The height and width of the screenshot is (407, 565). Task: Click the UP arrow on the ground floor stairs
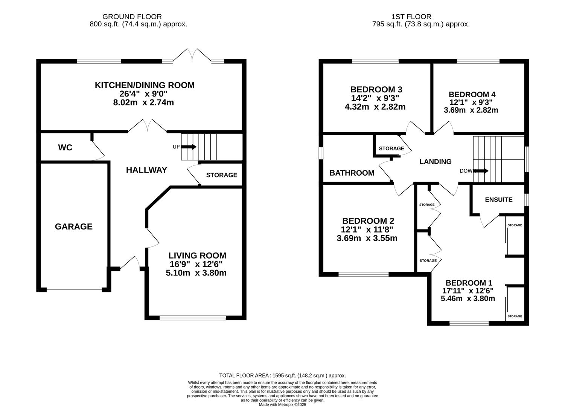(x=189, y=147)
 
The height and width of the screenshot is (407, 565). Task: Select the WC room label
(x=65, y=147)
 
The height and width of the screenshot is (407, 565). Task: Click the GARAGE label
(x=74, y=226)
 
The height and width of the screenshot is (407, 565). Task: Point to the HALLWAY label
(x=146, y=170)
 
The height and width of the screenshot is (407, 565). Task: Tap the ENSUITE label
(x=499, y=200)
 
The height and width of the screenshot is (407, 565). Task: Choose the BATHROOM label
(x=352, y=173)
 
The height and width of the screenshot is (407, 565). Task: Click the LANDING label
(x=436, y=162)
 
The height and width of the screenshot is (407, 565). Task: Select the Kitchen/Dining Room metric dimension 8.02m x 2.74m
(x=143, y=103)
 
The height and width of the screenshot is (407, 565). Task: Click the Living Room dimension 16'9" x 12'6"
(x=196, y=264)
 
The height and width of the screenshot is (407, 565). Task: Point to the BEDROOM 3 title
(x=376, y=89)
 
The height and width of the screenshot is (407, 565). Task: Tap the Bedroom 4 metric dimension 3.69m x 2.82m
(x=471, y=110)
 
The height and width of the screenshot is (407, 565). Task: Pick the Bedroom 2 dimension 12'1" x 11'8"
(x=367, y=230)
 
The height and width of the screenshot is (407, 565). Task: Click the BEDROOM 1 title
(x=469, y=283)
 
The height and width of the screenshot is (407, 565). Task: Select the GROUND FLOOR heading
(x=132, y=17)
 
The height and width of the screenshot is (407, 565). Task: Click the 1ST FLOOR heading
(x=411, y=17)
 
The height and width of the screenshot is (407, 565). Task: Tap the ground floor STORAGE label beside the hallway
(x=222, y=175)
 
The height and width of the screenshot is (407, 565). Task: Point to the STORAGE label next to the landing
(x=391, y=148)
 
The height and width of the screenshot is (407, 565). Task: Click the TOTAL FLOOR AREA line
(x=282, y=375)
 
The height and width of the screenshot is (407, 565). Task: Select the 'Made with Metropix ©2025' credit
(x=282, y=405)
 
